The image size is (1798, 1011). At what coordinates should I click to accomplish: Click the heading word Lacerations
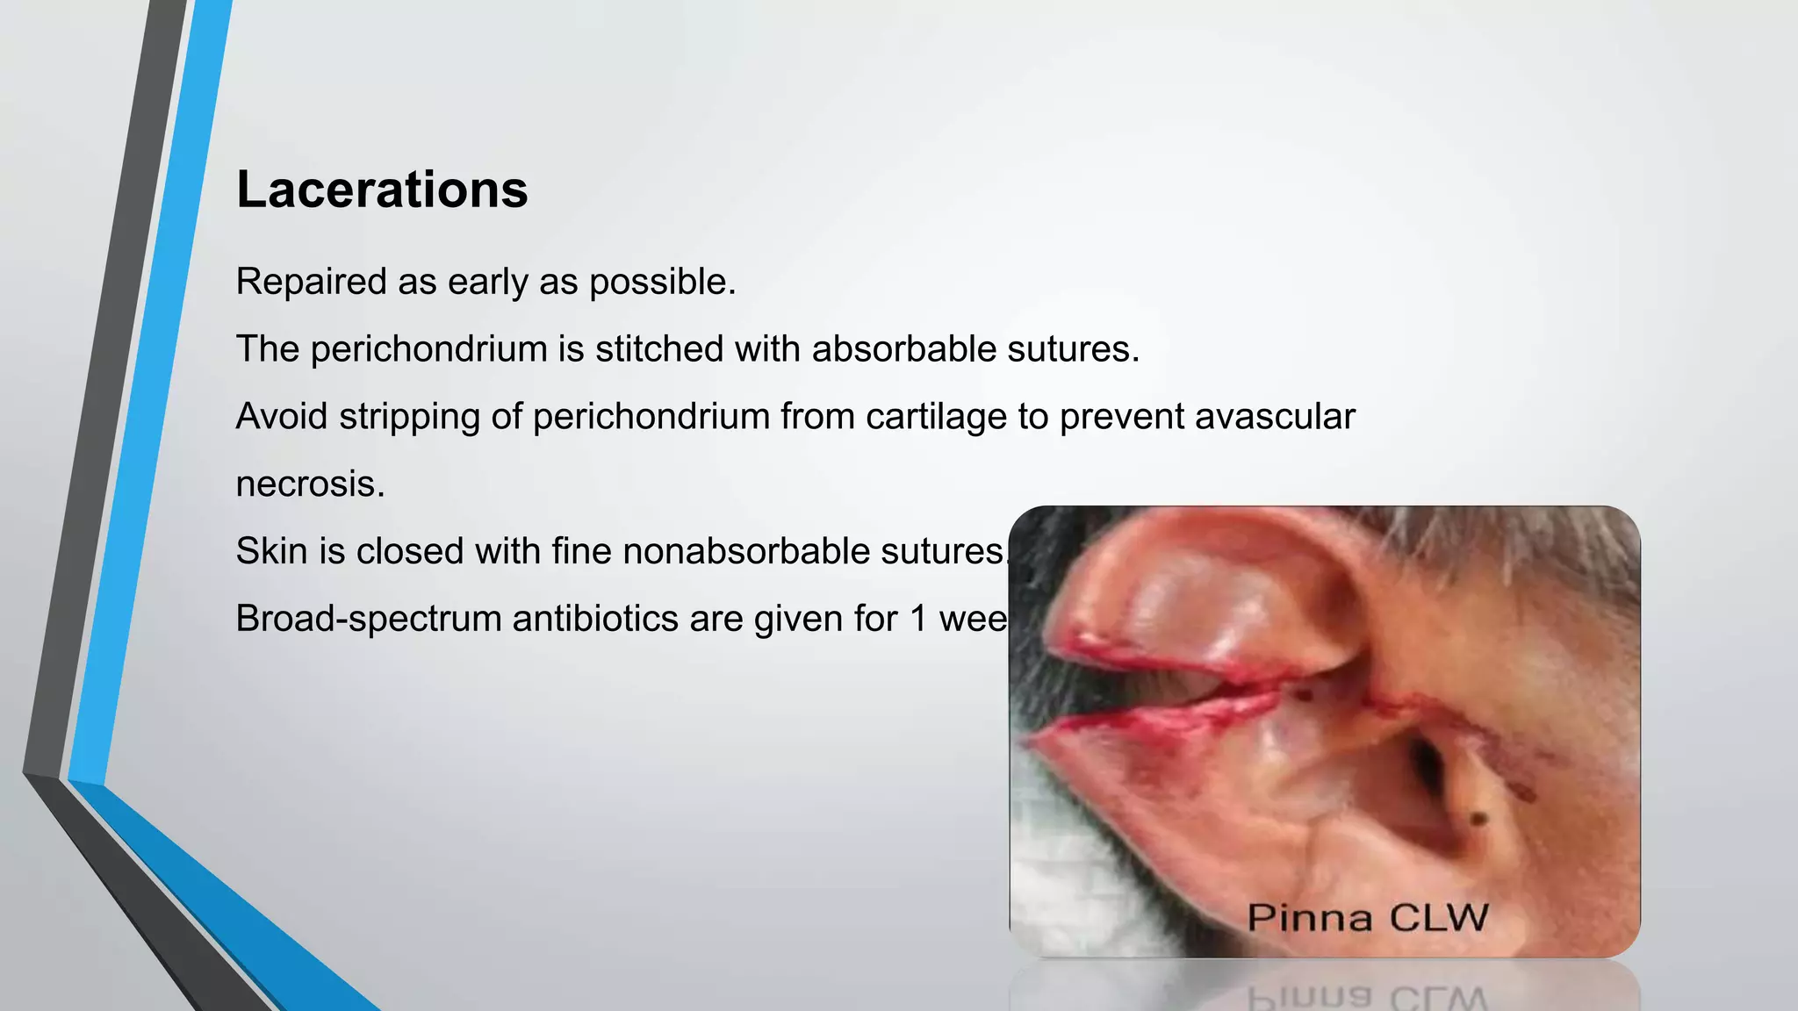(x=382, y=190)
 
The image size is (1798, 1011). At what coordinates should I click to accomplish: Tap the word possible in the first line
(x=661, y=283)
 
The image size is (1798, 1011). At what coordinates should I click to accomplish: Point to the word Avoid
(x=282, y=416)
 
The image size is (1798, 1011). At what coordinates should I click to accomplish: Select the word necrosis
(x=310, y=484)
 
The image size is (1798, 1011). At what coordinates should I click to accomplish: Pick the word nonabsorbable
(x=745, y=551)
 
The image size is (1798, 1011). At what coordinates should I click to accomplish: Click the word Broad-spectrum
(x=369, y=619)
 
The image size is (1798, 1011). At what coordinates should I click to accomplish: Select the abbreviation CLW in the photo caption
(x=1439, y=918)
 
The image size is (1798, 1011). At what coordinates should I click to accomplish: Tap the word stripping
(x=409, y=418)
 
